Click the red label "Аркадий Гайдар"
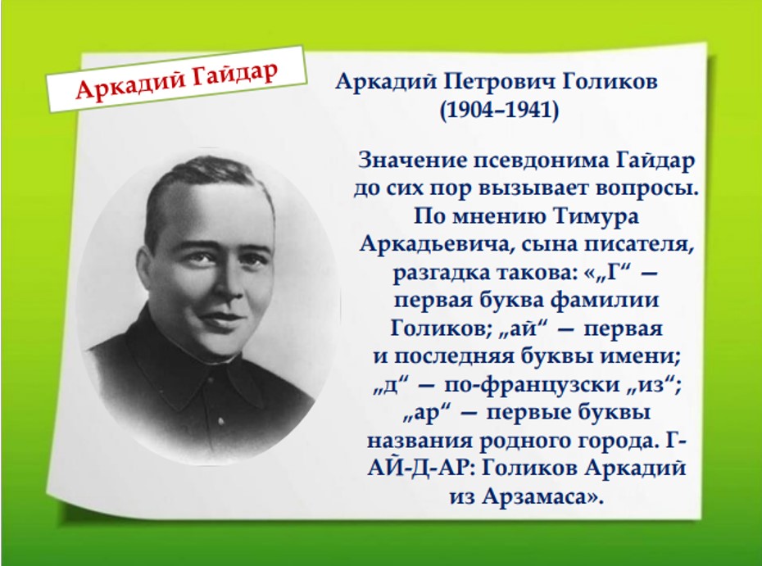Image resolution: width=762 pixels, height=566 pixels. point(177,79)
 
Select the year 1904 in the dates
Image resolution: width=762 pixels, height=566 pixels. point(471,111)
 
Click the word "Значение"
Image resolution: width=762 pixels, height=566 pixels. point(411,160)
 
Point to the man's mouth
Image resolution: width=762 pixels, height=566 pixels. point(222,318)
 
